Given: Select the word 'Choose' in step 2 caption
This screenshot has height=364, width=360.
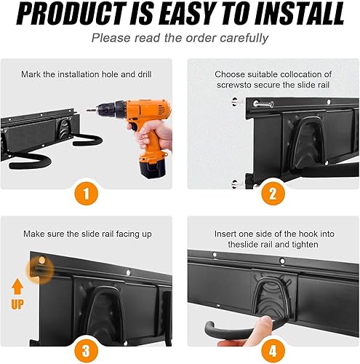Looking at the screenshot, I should coord(230,74).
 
